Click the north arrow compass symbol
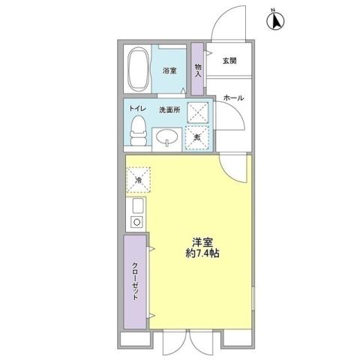tap(275, 21)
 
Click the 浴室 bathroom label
tap(169, 71)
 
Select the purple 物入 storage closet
tap(198, 70)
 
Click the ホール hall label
tap(232, 97)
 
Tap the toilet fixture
tap(138, 133)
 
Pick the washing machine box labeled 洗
tap(197, 137)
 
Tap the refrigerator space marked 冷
tap(139, 180)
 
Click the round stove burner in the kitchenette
tap(137, 221)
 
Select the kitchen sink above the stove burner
tap(138, 205)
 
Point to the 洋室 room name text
tap(200, 242)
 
